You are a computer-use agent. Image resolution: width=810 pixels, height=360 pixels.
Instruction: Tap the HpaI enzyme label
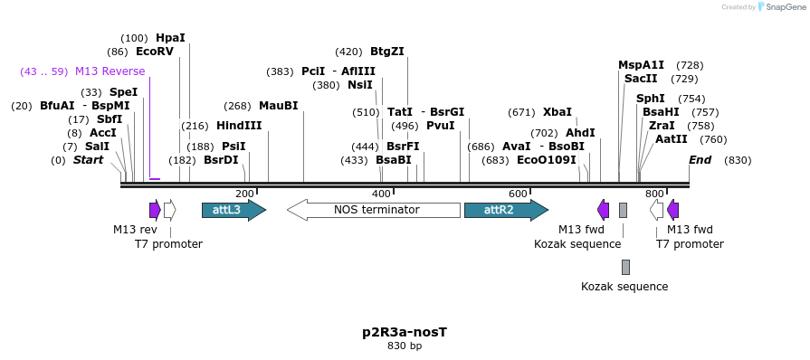[x=170, y=38]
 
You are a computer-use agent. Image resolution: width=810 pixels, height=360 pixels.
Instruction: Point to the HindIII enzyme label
[x=239, y=126]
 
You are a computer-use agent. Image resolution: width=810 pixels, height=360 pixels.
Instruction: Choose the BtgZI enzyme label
[x=387, y=52]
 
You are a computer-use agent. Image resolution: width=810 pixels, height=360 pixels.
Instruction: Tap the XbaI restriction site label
[x=557, y=112]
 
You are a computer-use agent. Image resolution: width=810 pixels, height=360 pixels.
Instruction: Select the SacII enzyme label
[x=641, y=79]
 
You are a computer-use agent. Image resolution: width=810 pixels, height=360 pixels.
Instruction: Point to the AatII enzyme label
[x=672, y=139]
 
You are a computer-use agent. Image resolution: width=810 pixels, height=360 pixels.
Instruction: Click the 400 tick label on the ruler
[x=381, y=194]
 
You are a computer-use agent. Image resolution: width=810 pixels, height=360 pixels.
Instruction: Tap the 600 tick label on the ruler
[x=518, y=194]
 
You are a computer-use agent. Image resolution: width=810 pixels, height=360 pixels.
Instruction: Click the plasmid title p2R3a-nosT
[x=405, y=332]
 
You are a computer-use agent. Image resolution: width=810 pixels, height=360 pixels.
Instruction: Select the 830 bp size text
[x=405, y=346]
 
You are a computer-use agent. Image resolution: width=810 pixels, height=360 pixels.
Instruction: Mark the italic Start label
[x=89, y=160]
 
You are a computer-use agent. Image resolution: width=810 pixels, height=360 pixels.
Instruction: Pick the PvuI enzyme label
[x=440, y=126]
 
